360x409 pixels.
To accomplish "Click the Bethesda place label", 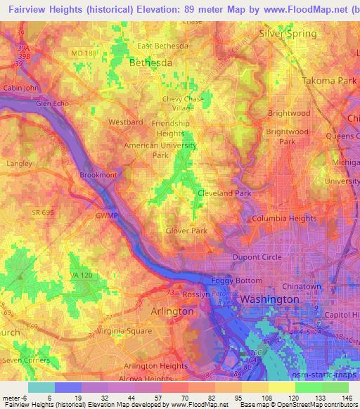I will [150, 63].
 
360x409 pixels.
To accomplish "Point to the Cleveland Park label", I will [224, 193].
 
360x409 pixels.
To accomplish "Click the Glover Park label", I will [186, 230].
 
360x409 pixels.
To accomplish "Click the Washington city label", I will [269, 299].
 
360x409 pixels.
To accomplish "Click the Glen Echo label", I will [53, 103].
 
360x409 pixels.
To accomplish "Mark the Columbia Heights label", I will [285, 219].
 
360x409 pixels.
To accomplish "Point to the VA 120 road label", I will [82, 275].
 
